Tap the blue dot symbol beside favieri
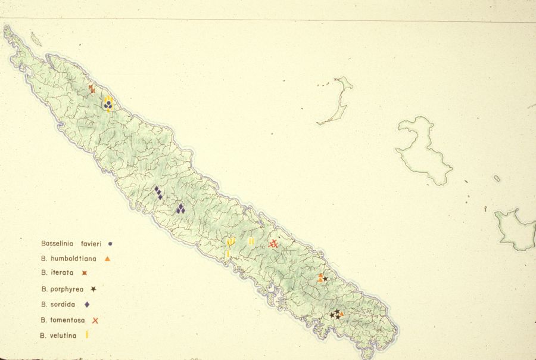tap(111, 243)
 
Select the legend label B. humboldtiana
tap(69, 259)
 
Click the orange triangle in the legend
tap(107, 259)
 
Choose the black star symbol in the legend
tap(94, 289)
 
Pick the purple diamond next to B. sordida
tap(87, 305)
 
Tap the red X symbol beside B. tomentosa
tap(95, 320)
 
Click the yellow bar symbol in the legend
tap(87, 335)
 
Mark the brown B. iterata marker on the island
tap(92, 89)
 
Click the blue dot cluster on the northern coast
tap(108, 105)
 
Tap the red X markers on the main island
tap(273, 244)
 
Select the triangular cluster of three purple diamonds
tap(180, 209)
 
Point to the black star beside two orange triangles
tap(325, 279)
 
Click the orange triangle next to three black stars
tap(342, 314)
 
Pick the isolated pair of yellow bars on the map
tap(251, 241)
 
